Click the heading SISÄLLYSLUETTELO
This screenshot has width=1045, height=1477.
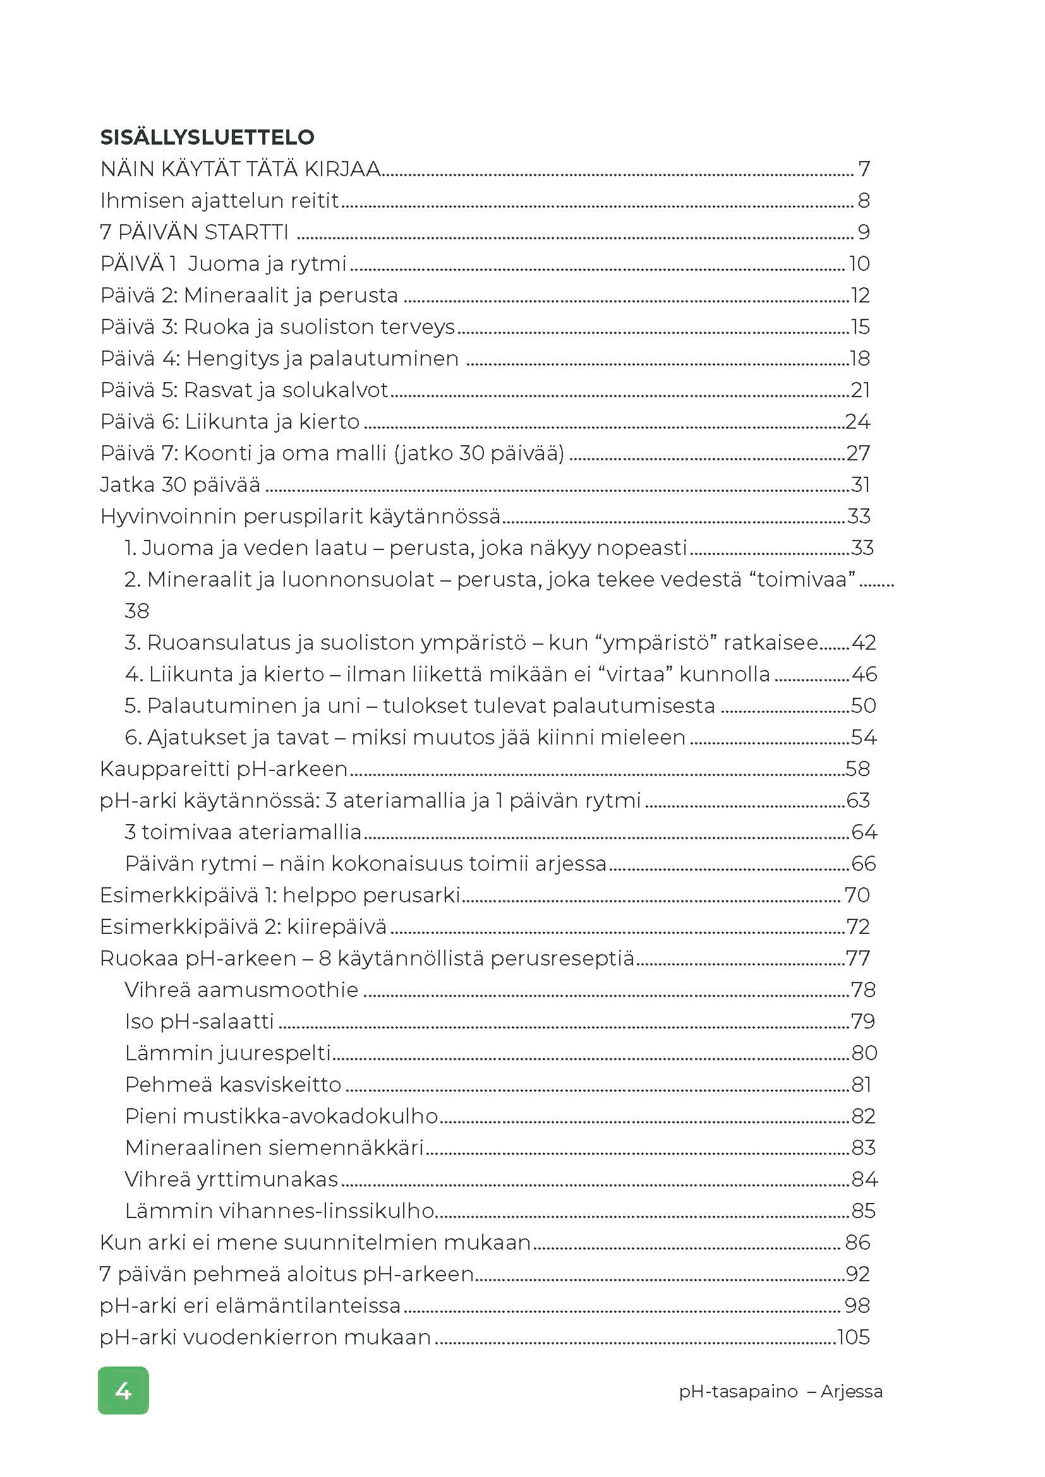click(x=207, y=137)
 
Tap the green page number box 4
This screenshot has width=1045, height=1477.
click(x=123, y=1390)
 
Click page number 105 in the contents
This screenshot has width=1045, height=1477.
click(x=853, y=1337)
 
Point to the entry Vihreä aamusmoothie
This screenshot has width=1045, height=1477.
click(x=241, y=990)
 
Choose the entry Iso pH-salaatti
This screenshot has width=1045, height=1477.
click(x=200, y=1021)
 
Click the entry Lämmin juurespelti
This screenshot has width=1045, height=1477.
click(x=228, y=1053)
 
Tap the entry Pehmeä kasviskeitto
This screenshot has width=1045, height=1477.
click(x=233, y=1084)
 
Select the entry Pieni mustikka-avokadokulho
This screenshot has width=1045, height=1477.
click(x=281, y=1115)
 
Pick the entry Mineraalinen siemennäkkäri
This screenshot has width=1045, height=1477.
click(x=274, y=1147)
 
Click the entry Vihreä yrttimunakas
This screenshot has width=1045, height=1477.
click(x=231, y=1178)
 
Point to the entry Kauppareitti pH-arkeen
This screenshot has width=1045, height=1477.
click(x=223, y=768)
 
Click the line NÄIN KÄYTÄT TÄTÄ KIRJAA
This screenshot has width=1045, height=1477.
click(x=241, y=169)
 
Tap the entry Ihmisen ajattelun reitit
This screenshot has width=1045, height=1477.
click(x=219, y=201)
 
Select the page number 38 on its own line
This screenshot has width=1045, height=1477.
click(x=137, y=611)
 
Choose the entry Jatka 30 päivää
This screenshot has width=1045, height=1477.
click(x=180, y=484)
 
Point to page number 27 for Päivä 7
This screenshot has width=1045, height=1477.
click(x=858, y=453)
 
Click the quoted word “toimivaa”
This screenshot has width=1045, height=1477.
click(x=806, y=579)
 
